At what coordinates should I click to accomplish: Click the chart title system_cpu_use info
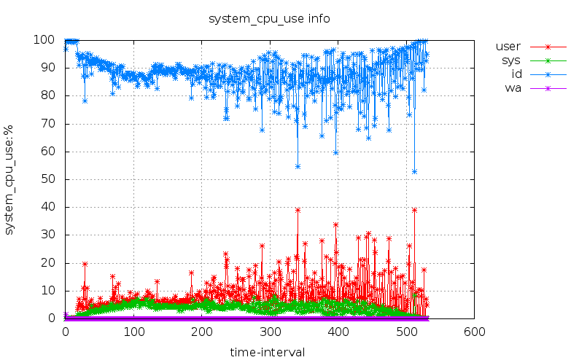point(269,18)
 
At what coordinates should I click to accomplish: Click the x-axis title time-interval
point(267,352)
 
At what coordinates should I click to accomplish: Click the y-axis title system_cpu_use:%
point(10,179)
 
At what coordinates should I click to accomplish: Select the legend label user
point(508,47)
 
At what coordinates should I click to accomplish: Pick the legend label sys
point(510,60)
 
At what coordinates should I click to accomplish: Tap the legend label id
point(516,74)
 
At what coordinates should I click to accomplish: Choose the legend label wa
point(513,88)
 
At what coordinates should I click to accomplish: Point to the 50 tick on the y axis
point(51,179)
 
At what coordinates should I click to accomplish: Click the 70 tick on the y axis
point(51,123)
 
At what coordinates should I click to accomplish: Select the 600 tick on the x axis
point(474,331)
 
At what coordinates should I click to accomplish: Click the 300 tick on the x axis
point(270,331)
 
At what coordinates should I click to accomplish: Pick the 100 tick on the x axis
point(133,331)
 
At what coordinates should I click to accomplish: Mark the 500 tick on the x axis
point(406,331)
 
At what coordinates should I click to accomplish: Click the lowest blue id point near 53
point(414,171)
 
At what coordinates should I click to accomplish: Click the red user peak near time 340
point(298,210)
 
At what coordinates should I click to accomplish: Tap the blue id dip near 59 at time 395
point(335,152)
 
